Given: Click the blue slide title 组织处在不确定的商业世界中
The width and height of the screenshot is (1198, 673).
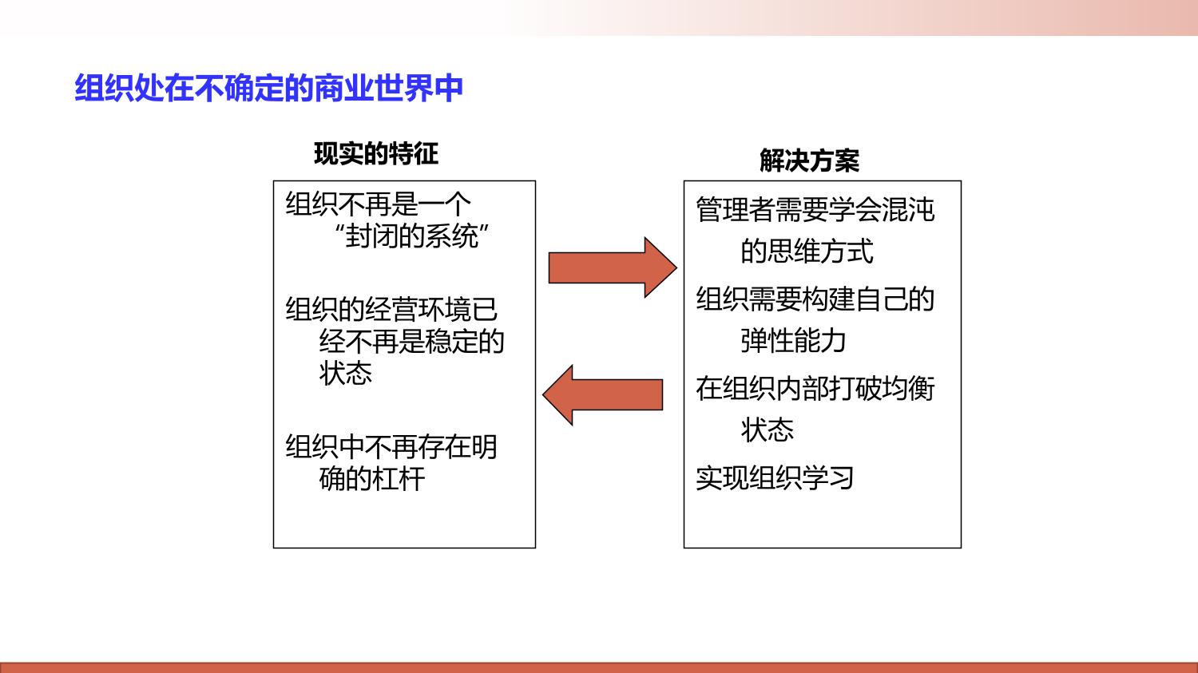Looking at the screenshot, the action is [x=268, y=88].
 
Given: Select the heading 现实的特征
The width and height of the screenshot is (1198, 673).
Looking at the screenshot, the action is [x=376, y=154].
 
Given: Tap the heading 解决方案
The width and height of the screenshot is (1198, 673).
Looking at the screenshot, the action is [x=809, y=160].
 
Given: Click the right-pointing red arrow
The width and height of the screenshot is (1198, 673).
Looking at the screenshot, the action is [x=613, y=267].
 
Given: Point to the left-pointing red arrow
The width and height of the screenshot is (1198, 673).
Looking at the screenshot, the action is [x=603, y=395].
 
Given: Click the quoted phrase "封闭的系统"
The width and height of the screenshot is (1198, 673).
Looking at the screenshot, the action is [x=411, y=236].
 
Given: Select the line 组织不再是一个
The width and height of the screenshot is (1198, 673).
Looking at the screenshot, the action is [x=378, y=204].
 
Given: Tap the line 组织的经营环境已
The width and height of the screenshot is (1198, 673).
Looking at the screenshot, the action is [x=391, y=310].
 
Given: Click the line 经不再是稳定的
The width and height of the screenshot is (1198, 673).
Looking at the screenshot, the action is [x=412, y=341].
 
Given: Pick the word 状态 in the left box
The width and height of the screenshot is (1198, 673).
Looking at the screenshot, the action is [x=346, y=373].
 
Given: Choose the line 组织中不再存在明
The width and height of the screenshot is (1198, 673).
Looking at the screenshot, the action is [x=391, y=447].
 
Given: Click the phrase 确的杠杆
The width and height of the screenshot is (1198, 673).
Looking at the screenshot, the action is [x=372, y=478].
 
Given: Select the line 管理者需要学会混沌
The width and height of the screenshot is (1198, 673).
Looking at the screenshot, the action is [x=815, y=209].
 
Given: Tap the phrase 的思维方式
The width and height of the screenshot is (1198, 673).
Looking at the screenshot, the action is [x=807, y=251].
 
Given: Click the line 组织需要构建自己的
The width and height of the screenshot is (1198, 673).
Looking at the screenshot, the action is [x=815, y=299].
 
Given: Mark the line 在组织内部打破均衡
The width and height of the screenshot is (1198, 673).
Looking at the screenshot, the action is [x=815, y=389].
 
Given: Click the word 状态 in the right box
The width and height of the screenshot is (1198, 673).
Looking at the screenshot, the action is [x=768, y=430].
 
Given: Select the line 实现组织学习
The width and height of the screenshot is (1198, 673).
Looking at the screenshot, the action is [x=775, y=478].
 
